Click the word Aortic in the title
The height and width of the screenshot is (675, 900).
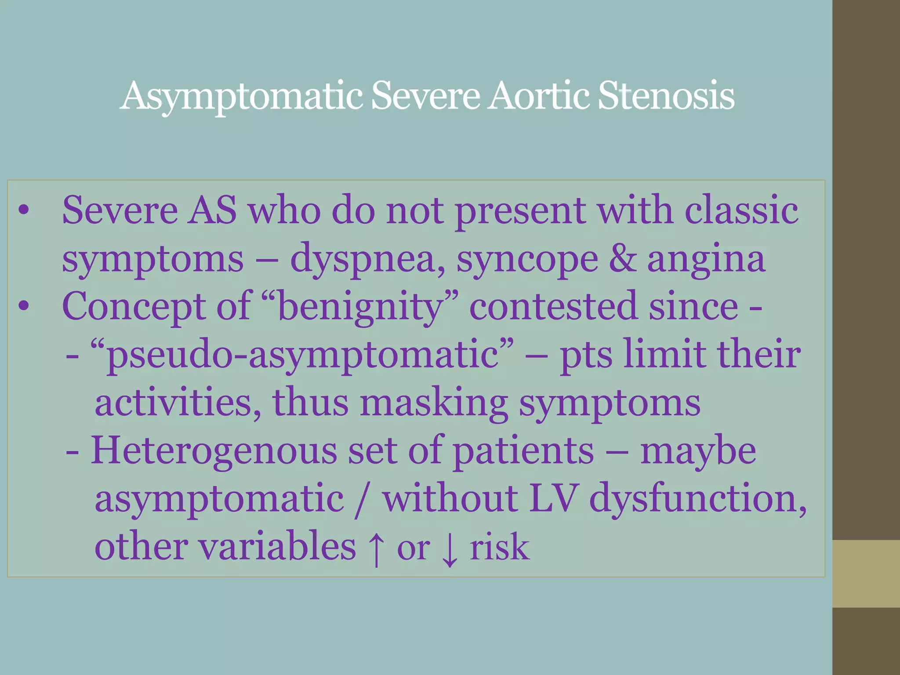pyautogui.click(x=538, y=96)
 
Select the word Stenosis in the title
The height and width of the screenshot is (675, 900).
pyautogui.click(x=666, y=96)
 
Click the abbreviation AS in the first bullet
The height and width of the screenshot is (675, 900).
pyautogui.click(x=212, y=210)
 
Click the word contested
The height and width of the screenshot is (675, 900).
pyautogui.click(x=553, y=306)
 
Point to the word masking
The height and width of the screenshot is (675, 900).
pyautogui.click(x=434, y=403)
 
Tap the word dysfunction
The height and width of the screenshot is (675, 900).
pyautogui.click(x=698, y=500)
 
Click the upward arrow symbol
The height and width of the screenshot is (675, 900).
pyautogui.click(x=376, y=549)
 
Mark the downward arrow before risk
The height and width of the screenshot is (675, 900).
pyautogui.click(x=449, y=549)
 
